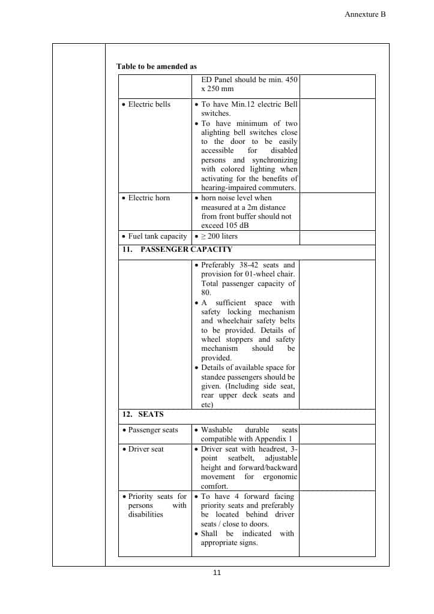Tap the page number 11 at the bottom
point(217,573)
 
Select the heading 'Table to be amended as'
point(157,67)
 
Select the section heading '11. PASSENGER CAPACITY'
point(177,249)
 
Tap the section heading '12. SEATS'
point(143,414)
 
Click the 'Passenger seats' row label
point(153,430)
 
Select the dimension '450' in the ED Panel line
point(289,80)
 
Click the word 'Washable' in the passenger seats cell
point(217,430)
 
